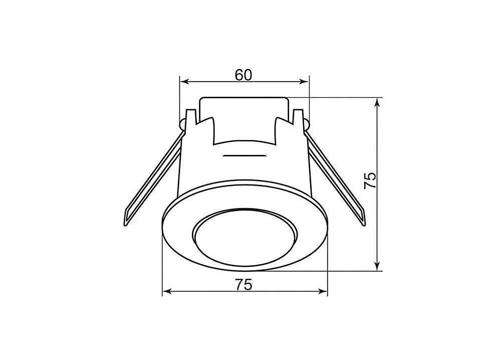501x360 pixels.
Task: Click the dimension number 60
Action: coord(243,75)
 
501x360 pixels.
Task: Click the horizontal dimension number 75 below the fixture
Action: coord(244,285)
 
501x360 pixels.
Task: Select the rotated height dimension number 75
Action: coord(371,181)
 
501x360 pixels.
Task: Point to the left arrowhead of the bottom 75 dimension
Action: coord(167,291)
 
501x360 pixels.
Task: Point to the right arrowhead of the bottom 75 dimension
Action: coord(323,291)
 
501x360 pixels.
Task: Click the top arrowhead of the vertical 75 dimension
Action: coord(377,103)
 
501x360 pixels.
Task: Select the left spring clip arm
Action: coord(153,179)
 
